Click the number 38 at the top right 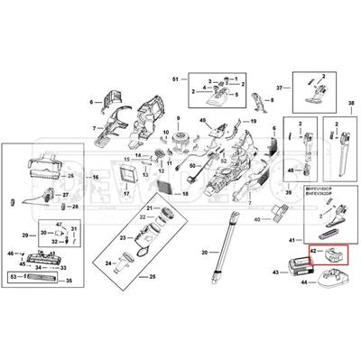click(350, 106)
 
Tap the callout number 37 click(280, 88)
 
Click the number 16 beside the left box click(179, 119)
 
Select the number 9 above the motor click(179, 119)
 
